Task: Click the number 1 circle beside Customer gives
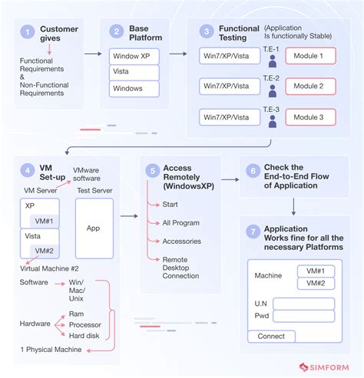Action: [x=28, y=31]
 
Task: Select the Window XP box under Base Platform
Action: [x=134, y=56]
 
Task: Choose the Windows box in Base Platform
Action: [x=134, y=89]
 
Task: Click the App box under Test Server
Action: [x=94, y=228]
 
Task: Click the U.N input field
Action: [x=303, y=304]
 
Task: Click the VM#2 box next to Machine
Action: [x=316, y=283]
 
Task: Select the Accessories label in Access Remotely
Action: [x=181, y=241]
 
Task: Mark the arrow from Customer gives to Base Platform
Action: [x=92, y=54]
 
